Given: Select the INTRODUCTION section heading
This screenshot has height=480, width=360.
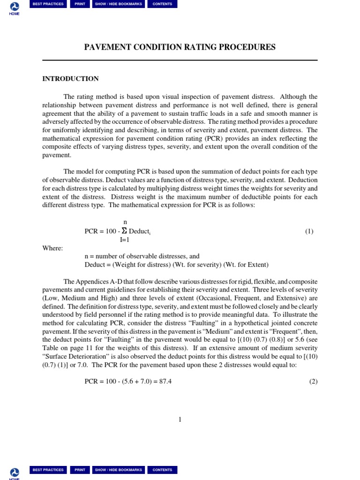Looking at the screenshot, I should pyautogui.click(x=70, y=79).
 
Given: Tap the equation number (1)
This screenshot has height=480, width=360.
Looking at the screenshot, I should pyautogui.click(x=309, y=231).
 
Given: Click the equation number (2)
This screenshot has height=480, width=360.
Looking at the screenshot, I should pyautogui.click(x=313, y=382).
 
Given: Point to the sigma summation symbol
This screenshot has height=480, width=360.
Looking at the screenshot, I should pyautogui.click(x=124, y=231).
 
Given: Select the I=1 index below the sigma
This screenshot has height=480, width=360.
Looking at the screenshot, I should pyautogui.click(x=125, y=240).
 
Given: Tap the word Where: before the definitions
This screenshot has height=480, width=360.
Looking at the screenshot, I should pyautogui.click(x=52, y=248).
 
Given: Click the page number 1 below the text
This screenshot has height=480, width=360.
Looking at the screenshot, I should pyautogui.click(x=180, y=420).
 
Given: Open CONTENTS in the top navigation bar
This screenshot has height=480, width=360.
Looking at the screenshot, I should pyautogui.click(x=162, y=4).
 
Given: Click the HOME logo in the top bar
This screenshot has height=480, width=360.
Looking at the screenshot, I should pyautogui.click(x=15, y=7).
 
